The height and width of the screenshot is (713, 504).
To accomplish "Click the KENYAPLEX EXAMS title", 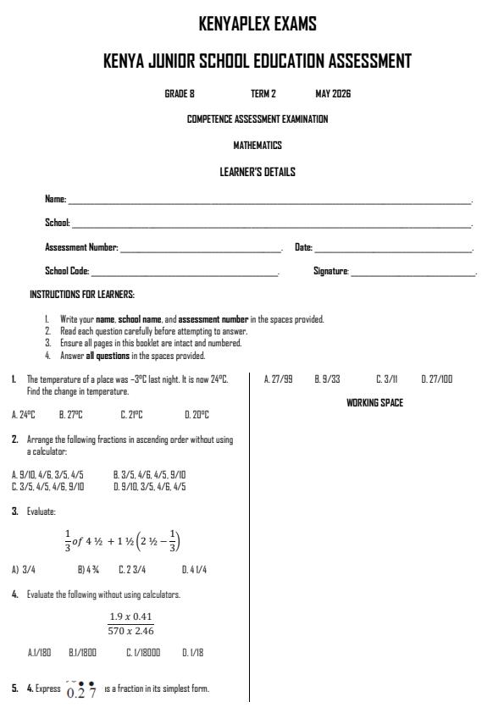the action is coord(257,25).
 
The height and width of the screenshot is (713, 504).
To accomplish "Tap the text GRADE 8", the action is coord(180,93).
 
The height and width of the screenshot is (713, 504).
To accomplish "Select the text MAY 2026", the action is coord(333,93).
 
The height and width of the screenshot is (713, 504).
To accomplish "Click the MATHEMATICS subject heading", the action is coord(258,145).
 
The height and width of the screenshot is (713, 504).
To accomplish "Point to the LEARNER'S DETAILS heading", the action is coord(258,172).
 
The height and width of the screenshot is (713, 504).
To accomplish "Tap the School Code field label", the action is coord(67,271).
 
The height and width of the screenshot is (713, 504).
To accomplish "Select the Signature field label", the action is coord(331,271).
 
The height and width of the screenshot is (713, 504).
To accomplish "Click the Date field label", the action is coord(303,247).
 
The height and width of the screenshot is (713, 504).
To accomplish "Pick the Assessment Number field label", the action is coord(81,247).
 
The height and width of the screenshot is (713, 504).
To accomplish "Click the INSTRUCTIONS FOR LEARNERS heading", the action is coord(82,295).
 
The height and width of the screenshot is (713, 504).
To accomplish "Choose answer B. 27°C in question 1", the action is coord(70,415).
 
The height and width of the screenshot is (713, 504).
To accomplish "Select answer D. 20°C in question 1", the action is coord(197,415).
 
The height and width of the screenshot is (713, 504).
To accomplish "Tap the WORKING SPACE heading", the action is coord(374,403).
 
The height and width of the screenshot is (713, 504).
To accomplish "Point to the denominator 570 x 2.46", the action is coord(131,631).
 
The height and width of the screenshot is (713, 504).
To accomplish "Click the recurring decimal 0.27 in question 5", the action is coord(81,688).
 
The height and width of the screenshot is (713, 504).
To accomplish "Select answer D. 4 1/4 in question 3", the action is coord(196,571).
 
